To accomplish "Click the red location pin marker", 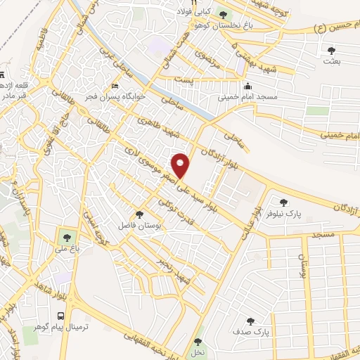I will click(181, 165).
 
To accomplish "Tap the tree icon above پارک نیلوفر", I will click(284, 202).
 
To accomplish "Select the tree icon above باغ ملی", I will click(67, 238).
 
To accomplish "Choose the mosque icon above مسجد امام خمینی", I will click(247, 87).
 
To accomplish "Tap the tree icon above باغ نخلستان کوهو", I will click(224, 14).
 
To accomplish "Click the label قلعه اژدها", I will click(14, 84).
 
